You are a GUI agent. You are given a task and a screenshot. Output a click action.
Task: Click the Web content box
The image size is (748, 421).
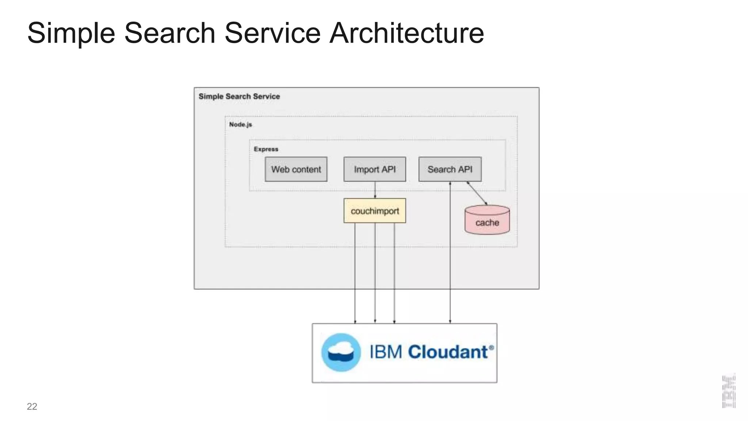click(x=296, y=169)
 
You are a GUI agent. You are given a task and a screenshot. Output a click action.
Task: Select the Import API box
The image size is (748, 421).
click(x=374, y=169)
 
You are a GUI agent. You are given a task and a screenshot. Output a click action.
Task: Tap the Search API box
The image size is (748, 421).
click(x=450, y=169)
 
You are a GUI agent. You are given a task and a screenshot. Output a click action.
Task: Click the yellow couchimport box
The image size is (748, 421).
click(x=374, y=211)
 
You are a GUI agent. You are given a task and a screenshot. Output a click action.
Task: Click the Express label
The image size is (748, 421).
click(x=266, y=149)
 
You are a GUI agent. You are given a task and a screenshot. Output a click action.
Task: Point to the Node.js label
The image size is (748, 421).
click(x=240, y=125)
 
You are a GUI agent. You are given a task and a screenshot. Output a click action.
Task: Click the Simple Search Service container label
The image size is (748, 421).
click(x=239, y=96)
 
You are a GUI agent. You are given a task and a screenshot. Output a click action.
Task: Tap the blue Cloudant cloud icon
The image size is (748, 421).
click(x=341, y=352)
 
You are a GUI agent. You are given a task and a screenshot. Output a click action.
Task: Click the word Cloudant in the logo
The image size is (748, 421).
click(x=448, y=352)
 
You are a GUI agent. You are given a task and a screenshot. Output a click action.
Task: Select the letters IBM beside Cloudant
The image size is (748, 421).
click(x=386, y=352)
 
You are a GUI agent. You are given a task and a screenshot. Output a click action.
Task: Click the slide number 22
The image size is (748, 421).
click(x=32, y=406)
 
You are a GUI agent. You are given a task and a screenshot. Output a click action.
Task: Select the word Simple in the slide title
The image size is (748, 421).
click(x=71, y=33)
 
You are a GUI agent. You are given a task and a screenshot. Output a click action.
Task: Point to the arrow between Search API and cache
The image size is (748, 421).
click(x=477, y=193)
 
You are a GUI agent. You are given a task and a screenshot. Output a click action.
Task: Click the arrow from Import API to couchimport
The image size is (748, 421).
click(x=375, y=190)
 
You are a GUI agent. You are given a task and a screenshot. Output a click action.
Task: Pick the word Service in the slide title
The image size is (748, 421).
click(x=272, y=33)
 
